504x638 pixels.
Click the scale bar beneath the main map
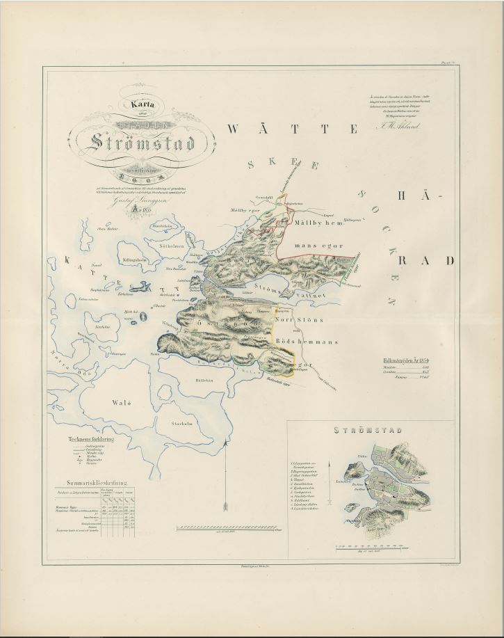pyautogui.click(x=230, y=529)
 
